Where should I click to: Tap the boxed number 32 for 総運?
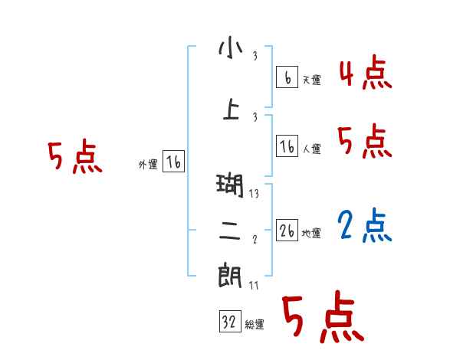point(229,322)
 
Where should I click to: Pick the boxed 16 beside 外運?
point(173,162)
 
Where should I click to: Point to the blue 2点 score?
point(364,224)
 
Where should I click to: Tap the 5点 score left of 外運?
point(74,158)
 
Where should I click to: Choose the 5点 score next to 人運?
point(364,141)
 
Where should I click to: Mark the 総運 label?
point(255,325)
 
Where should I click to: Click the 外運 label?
point(147,164)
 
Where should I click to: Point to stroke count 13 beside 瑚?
point(254,194)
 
